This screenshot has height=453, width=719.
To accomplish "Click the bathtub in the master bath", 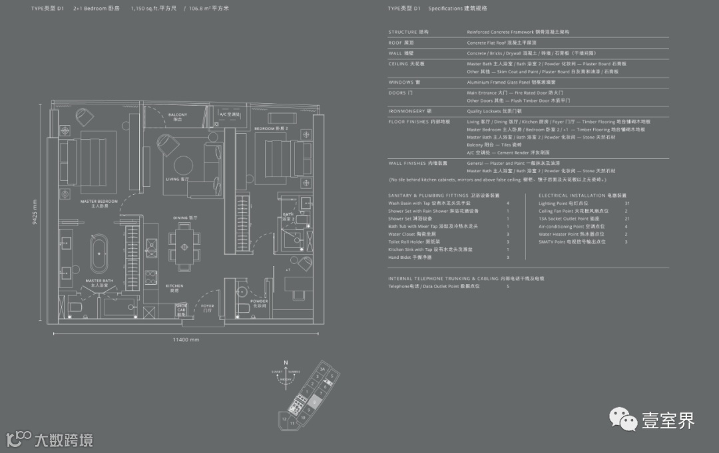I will [99, 253].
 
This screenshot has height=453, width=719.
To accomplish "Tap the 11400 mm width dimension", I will [186, 340].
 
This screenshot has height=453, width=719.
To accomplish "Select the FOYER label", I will [208, 307].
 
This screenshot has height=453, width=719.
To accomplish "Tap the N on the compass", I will [285, 363].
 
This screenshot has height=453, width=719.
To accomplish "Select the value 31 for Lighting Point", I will [626, 203].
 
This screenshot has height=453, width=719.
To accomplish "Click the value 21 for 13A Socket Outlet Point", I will [626, 219].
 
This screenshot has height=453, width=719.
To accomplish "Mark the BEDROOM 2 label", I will [266, 127].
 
